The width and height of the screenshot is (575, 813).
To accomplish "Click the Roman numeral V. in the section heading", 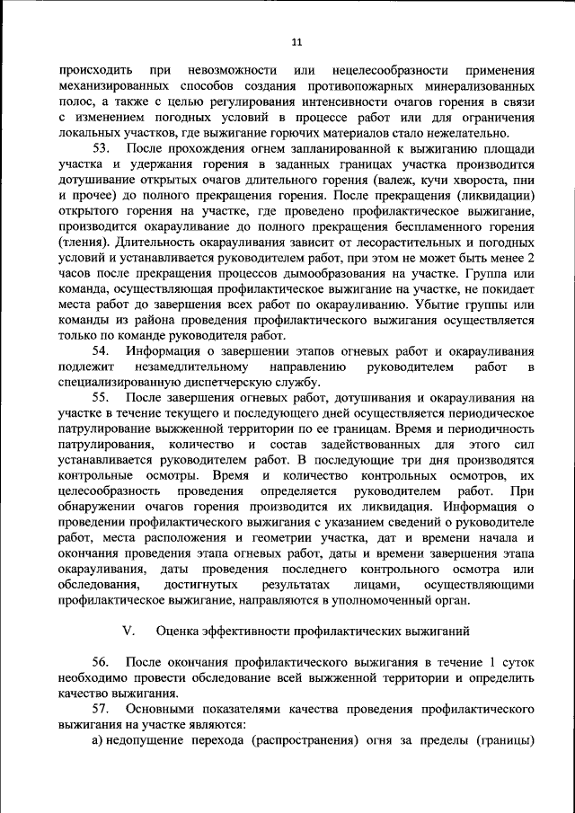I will pos(128,631).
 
